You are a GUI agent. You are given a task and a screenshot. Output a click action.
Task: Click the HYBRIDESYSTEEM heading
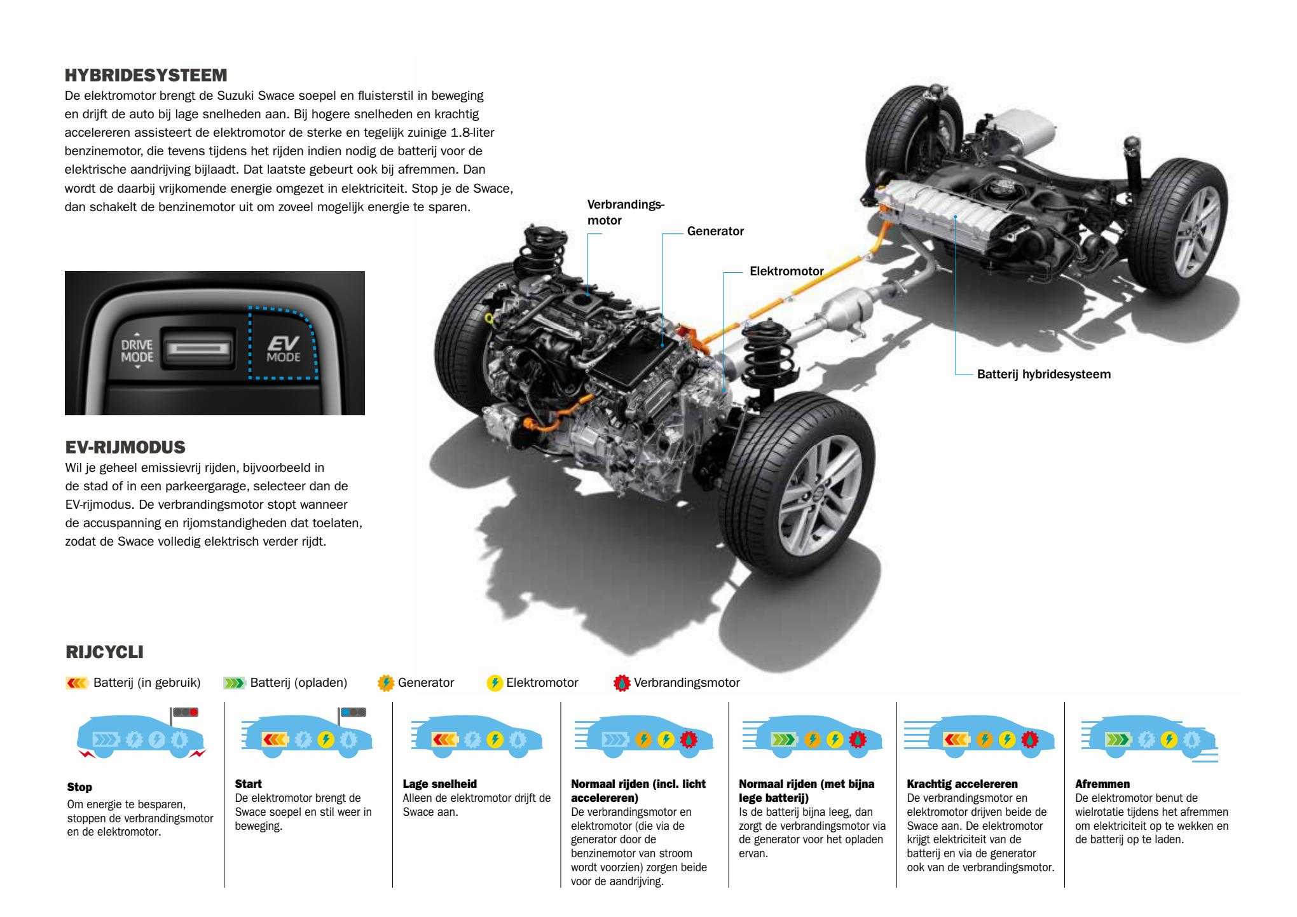click(x=146, y=76)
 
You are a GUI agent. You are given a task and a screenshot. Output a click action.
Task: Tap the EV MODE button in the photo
click(x=284, y=348)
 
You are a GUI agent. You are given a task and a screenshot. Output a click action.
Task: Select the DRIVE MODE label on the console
click(x=137, y=350)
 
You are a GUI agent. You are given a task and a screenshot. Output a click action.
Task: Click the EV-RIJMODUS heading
click(x=125, y=448)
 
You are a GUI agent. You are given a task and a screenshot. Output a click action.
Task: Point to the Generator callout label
click(x=715, y=231)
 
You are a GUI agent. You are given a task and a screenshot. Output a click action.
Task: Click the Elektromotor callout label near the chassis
click(x=786, y=272)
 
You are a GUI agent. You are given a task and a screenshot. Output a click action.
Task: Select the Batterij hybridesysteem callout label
click(x=1044, y=375)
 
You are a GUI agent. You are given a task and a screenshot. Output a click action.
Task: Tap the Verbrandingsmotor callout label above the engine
click(x=625, y=212)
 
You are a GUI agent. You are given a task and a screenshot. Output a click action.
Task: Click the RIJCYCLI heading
click(x=104, y=652)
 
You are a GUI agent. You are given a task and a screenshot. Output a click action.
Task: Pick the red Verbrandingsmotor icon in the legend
click(x=621, y=683)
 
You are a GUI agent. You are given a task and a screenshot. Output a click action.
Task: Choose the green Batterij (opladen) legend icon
click(x=234, y=684)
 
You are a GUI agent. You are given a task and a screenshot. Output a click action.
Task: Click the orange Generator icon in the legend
click(x=385, y=683)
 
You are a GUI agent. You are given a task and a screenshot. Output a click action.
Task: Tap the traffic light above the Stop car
click(x=185, y=712)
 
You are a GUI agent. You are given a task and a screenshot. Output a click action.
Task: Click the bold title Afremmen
click(x=1102, y=784)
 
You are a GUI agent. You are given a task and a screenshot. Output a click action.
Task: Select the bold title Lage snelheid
click(x=439, y=784)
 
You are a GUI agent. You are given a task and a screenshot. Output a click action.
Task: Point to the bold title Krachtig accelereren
click(x=962, y=784)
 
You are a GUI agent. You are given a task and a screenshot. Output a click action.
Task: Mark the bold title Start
click(x=248, y=784)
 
